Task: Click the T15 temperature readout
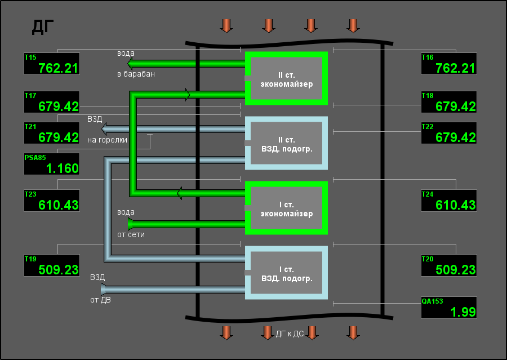click(x=52, y=64)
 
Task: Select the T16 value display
click(x=449, y=64)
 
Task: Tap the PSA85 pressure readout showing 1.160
click(x=52, y=164)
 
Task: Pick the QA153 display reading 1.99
click(x=449, y=308)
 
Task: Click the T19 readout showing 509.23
click(x=52, y=265)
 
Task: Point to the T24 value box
click(x=449, y=201)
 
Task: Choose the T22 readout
click(x=449, y=133)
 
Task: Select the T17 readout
click(x=52, y=102)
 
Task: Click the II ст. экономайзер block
click(x=287, y=78)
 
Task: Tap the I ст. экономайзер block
click(x=287, y=208)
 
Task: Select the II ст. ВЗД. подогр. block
click(x=287, y=143)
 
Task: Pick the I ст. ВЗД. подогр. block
click(x=287, y=273)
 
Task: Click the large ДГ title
click(x=43, y=27)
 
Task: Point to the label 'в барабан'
click(x=136, y=74)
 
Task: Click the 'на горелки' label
click(x=108, y=140)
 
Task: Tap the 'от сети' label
click(x=131, y=234)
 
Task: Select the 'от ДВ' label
click(x=101, y=300)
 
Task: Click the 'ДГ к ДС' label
click(x=290, y=334)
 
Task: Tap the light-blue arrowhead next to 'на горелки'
click(x=104, y=130)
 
